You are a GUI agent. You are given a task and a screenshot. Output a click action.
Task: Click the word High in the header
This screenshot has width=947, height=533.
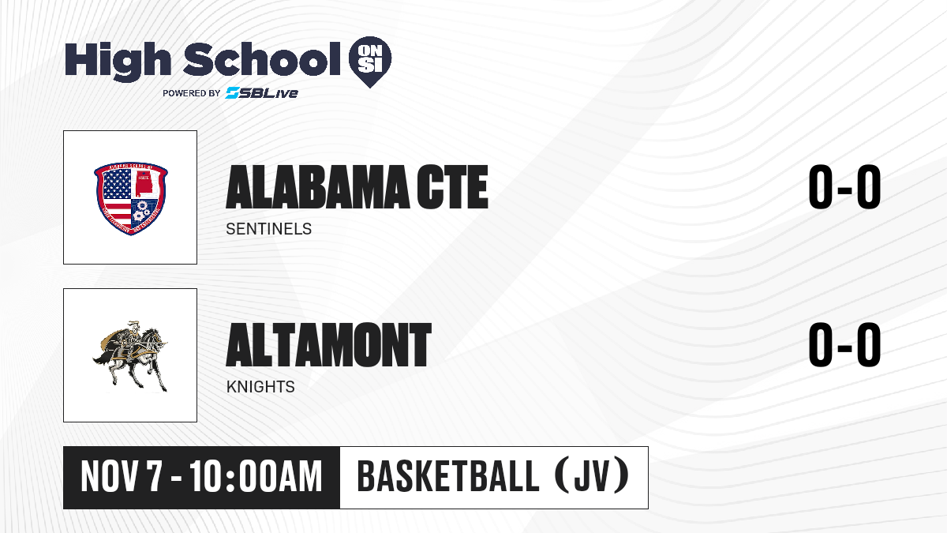coord(118,62)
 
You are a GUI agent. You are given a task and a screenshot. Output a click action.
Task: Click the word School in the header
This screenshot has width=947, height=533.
coord(262,59)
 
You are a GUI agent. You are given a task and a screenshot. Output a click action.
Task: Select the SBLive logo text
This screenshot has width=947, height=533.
coord(262,92)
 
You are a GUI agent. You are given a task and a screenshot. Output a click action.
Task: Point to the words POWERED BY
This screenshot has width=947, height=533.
coord(192,93)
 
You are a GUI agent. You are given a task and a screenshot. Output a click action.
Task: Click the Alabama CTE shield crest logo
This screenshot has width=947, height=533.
coord(131,198)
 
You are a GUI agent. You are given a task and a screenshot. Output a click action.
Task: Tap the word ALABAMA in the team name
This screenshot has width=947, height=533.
coord(318,187)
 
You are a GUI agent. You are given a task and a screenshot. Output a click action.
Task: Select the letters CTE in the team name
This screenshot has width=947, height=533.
coord(452,187)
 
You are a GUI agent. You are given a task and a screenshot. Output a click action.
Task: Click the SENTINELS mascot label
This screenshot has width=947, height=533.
coord(269,229)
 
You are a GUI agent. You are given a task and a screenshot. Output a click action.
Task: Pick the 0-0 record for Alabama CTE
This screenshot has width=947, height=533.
coord(844,187)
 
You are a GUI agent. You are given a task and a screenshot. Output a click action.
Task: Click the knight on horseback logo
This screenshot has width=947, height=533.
coord(130,356)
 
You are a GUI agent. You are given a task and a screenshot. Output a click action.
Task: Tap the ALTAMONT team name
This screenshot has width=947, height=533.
coord(328,345)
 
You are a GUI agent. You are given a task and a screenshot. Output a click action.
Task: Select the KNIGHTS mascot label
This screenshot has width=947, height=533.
coord(260,387)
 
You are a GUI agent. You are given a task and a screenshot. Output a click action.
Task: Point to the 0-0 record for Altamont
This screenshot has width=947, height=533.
coord(844,344)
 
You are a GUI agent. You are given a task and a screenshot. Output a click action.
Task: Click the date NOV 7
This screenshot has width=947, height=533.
coord(122,477)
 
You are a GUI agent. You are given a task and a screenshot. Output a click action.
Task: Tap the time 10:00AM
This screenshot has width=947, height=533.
coord(256,477)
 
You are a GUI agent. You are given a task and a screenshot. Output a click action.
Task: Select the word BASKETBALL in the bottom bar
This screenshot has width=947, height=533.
coord(448,476)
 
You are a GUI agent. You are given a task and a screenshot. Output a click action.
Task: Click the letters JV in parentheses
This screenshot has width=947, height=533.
coord(593,476)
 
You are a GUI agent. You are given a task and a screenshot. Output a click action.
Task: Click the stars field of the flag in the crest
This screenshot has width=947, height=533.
coord(117,185)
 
